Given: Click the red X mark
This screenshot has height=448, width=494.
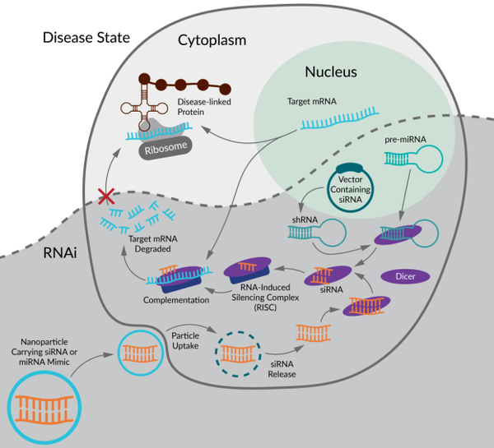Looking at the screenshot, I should tap(105, 196).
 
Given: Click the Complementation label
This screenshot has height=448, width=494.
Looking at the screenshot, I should tap(175, 300).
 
